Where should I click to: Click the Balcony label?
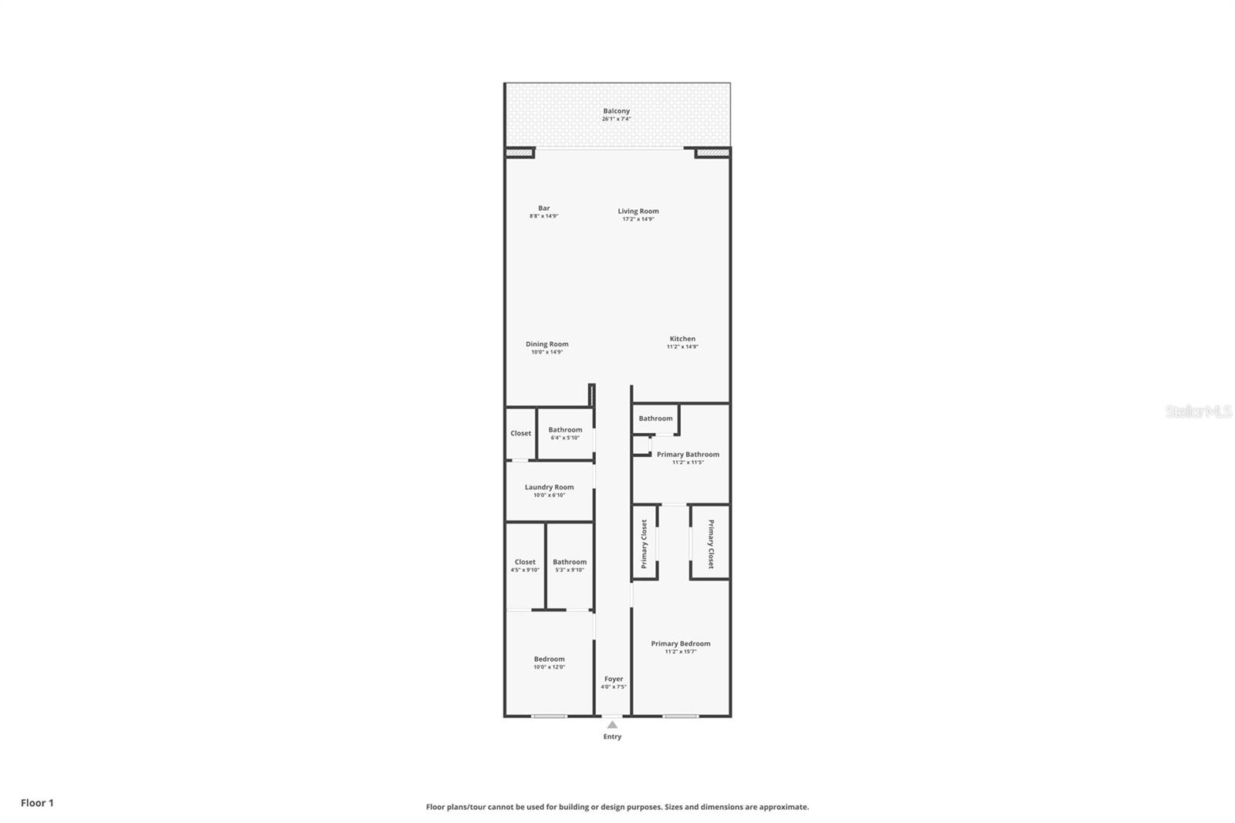pos(616,111)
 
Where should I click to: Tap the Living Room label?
pos(638,211)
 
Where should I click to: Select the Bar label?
pos(544,208)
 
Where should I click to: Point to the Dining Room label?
pos(547,344)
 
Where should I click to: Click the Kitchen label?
pos(682,339)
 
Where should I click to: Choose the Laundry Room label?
pos(549,487)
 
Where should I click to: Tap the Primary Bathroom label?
pos(688,455)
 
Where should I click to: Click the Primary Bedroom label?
pos(680,643)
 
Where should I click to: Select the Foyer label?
pos(614,679)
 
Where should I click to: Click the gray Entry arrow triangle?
pos(612,725)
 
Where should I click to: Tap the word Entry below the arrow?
pos(612,737)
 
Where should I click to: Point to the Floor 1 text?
pos(37,803)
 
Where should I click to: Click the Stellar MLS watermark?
pos(1198,412)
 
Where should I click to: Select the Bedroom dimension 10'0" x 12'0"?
pos(549,667)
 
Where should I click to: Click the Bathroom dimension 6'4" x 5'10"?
pos(565,438)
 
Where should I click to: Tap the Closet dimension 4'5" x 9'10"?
pos(525,570)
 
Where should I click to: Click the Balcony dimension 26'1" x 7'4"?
pos(616,119)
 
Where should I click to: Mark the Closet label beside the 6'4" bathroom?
pos(520,433)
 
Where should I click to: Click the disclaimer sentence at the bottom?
pos(617,807)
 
